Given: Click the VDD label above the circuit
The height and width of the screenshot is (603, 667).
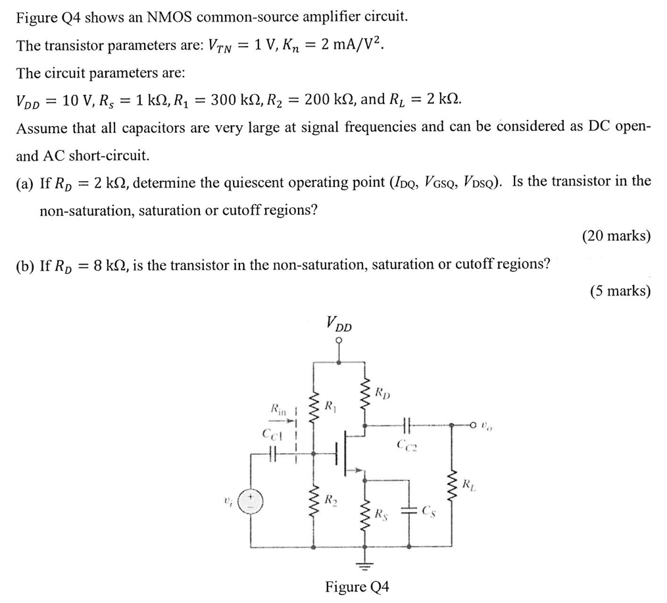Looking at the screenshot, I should point(339,324).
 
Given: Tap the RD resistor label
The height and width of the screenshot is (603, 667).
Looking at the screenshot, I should point(383,394).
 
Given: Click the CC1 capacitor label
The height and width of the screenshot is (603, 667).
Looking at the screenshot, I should point(272,434).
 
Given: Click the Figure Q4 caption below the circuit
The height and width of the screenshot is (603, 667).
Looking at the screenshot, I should point(357,587).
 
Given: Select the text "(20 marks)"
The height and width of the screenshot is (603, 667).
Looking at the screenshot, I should point(616,236).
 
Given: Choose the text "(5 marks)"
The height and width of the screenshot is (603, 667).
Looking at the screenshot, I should point(620,291).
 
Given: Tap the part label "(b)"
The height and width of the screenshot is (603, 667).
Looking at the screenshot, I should point(26,265).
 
